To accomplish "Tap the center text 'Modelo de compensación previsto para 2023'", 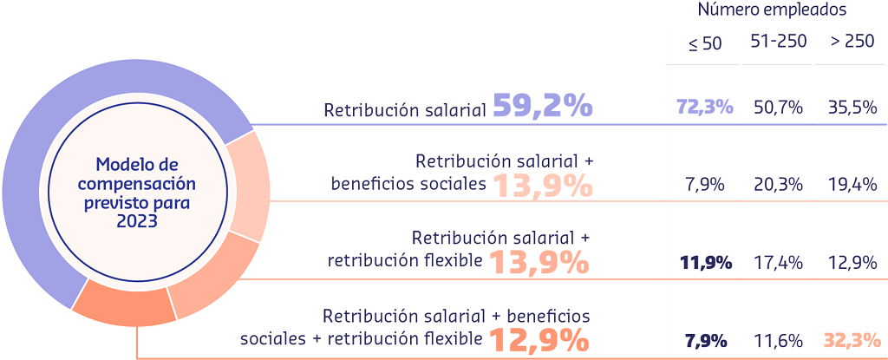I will coord(134,192).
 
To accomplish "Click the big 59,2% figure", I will coord(543,107).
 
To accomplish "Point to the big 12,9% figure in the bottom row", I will coord(540,338).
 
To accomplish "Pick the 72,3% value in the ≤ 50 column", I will coord(705,108).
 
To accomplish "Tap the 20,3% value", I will coord(777,185).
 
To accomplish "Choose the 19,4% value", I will coord(852,185).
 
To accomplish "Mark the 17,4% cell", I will coord(777,262).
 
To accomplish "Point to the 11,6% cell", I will coord(777,340).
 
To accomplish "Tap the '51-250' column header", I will coord(776,43).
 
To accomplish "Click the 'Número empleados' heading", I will coord(772,10).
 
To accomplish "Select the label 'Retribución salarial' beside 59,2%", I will coord(404,111).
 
